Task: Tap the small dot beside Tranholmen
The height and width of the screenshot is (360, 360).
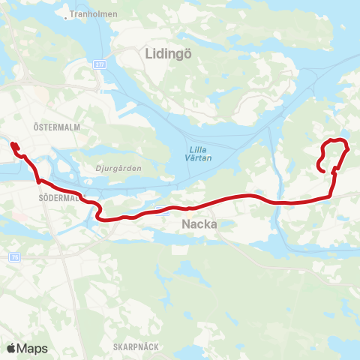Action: [67, 14]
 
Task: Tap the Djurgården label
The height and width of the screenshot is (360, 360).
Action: [120, 169]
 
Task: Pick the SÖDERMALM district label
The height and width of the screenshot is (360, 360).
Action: [57, 198]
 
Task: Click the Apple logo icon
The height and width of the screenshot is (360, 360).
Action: [11, 348]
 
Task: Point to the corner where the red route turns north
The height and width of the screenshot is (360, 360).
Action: [331, 196]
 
